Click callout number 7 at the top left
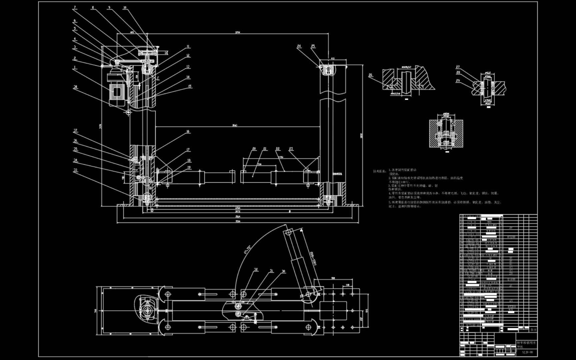click(75, 7)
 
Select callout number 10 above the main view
click(125, 7)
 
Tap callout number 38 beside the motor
click(75, 87)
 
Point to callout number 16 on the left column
click(188, 132)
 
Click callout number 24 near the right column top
click(299, 46)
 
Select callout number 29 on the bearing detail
click(458, 81)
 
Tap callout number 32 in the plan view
click(256, 270)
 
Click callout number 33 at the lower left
click(75, 170)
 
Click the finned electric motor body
click(116, 90)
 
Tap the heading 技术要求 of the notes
click(379, 171)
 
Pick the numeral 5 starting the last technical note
click(389, 202)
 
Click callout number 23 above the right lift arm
click(291, 149)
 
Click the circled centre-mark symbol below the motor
click(128, 112)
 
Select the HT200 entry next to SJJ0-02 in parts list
click(511, 306)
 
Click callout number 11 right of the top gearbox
click(188, 47)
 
